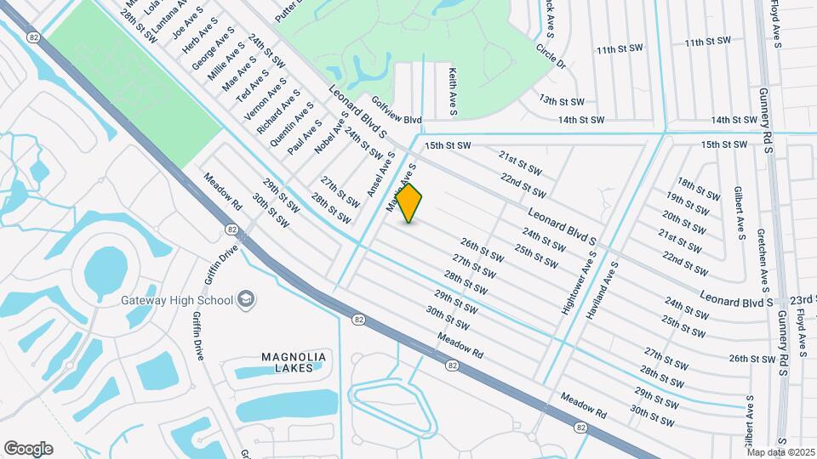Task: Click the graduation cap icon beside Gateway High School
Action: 246,299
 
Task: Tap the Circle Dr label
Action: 551,56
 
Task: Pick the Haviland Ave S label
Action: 603,291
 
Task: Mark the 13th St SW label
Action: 561,100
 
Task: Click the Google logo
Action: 29,449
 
